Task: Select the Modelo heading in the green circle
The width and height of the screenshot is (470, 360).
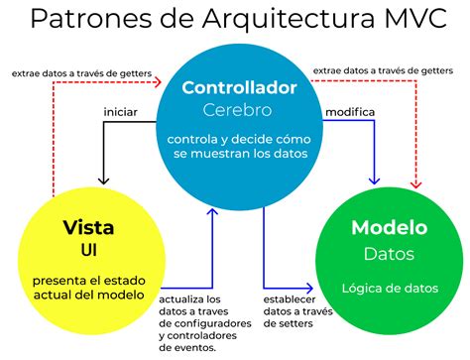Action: [390, 228]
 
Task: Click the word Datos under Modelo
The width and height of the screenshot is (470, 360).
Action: [390, 254]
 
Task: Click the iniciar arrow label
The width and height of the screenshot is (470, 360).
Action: [120, 111]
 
